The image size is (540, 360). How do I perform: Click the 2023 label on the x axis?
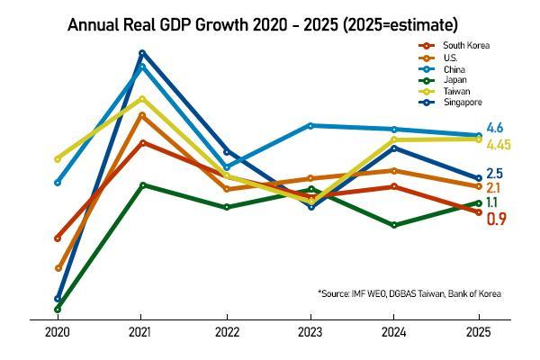tap(310, 332)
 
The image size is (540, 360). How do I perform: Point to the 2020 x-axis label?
tap(58, 332)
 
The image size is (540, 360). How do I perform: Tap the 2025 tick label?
tap(478, 332)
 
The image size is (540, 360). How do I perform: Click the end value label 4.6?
tap(494, 128)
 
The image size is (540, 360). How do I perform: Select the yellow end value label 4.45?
tap(499, 144)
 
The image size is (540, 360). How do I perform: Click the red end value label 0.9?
tap(496, 219)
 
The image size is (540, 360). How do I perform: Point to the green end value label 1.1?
tap(493, 203)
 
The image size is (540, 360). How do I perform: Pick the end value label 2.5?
tap(494, 174)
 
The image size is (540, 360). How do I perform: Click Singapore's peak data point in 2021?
tap(142, 53)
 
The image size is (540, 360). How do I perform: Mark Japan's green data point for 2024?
tap(394, 225)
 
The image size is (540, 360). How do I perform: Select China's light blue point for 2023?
tap(310, 125)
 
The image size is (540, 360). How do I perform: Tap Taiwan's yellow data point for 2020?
tap(58, 159)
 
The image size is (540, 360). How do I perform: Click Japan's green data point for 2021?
tap(142, 185)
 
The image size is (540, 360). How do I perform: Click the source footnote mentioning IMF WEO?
tap(409, 293)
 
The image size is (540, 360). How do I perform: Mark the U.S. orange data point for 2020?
tap(58, 268)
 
